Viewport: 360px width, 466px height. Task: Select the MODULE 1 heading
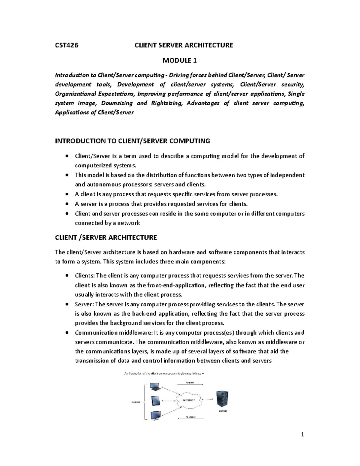click(x=180, y=61)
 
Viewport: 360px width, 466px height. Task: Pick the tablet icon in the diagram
click(x=156, y=400)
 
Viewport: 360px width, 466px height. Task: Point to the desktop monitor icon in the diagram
click(x=155, y=416)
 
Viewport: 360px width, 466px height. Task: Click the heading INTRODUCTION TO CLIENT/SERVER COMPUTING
click(x=133, y=141)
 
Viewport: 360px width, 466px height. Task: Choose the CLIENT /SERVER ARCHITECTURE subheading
click(x=106, y=238)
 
